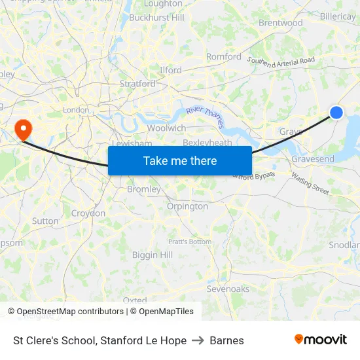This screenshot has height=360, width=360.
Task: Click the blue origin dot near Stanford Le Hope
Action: [336, 113]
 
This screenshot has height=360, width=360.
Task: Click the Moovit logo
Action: [320, 340]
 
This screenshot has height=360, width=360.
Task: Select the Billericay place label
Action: [338, 16]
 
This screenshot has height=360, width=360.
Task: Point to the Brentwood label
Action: [281, 23]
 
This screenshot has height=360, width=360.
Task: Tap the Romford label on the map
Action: [224, 57]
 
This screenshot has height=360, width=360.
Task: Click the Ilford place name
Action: [170, 70]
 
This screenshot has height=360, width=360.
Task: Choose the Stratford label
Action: [137, 84]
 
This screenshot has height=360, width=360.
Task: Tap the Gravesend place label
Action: [313, 159]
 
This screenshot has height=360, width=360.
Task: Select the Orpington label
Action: [187, 206]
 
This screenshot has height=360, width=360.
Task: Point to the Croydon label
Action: [88, 213]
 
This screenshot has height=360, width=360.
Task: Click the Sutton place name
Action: [45, 221]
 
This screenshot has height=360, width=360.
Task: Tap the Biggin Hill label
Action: [153, 255]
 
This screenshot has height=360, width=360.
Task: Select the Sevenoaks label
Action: [228, 289]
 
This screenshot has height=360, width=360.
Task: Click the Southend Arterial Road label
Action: [281, 61]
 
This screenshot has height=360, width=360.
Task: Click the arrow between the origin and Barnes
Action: [198, 340]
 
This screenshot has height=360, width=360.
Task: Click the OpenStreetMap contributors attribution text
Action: [68, 312]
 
